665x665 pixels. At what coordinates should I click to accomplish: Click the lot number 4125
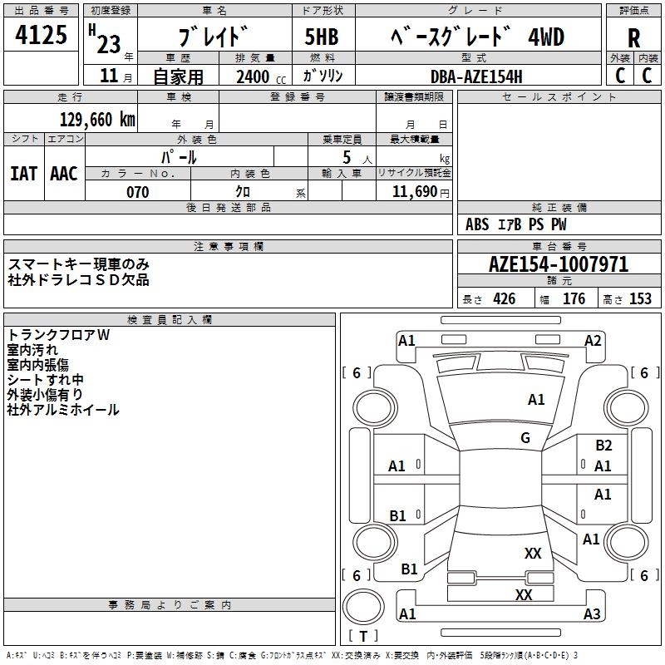[42, 37]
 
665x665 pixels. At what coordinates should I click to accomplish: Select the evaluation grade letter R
[633, 38]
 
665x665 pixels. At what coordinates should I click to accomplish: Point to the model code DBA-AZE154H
[476, 76]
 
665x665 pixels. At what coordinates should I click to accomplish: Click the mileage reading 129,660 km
[98, 120]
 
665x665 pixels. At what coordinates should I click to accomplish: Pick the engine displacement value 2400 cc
[254, 76]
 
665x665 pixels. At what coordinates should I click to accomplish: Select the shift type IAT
[24, 174]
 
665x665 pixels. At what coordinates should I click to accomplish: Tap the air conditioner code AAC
[64, 174]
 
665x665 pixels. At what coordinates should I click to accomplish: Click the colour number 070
[137, 192]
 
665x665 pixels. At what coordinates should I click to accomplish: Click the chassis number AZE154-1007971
[559, 264]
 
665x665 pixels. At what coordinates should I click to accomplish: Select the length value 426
[504, 299]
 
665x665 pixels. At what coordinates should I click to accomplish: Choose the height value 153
[640, 299]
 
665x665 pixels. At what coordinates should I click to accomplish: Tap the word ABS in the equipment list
[477, 224]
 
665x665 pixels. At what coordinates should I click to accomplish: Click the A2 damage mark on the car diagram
[593, 341]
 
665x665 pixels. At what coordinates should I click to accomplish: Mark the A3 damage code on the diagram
[591, 614]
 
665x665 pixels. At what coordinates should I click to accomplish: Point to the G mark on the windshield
[525, 438]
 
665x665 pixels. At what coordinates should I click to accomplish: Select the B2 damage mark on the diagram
[603, 446]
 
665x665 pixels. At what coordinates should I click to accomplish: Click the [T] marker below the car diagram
[363, 637]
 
